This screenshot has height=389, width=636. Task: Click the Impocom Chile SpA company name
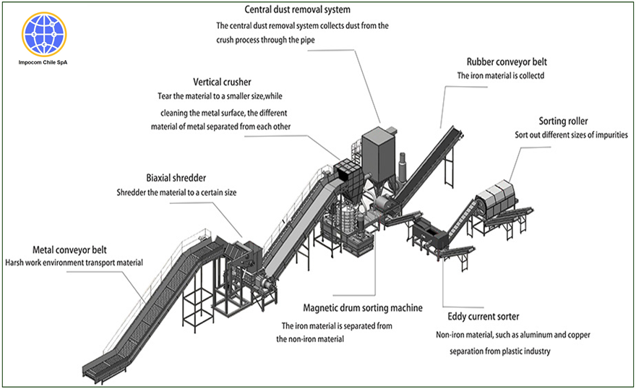[x=45, y=63]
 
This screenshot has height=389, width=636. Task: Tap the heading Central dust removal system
[x=297, y=10]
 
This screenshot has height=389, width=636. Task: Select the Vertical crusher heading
[x=222, y=82]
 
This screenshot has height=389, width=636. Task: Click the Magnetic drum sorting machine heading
[x=352, y=309]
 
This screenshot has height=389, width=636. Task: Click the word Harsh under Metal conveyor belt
[x=17, y=262]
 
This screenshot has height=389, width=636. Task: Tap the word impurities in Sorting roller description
[x=609, y=134]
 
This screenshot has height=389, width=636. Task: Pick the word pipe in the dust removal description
[x=306, y=40]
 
